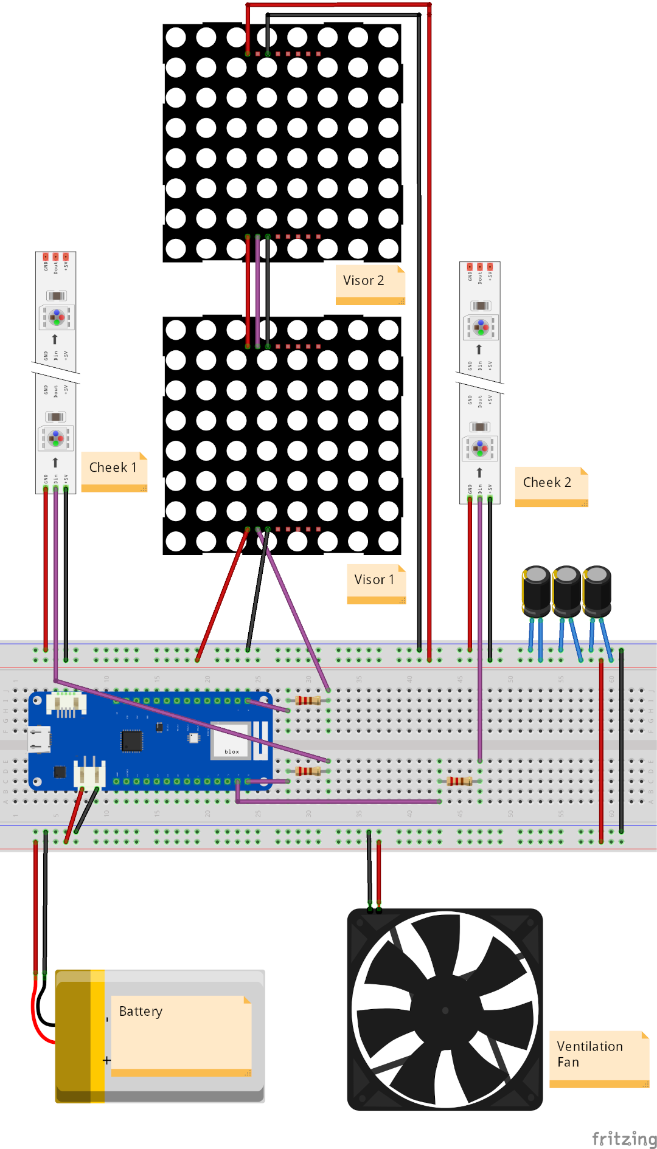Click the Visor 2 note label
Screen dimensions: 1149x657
pos(364,281)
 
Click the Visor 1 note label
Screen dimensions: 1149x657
pos(374,580)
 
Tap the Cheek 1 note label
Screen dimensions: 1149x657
pos(113,468)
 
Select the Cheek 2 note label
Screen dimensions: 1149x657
pos(547,483)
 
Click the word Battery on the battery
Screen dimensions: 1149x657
pos(141,1012)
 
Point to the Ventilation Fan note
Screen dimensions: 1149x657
pos(590,1054)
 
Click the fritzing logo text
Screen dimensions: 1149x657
pos(624,1138)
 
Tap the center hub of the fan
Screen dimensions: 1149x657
pos(445,1010)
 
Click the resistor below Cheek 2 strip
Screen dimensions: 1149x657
pos(459,781)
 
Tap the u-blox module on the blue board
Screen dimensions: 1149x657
pos(231,740)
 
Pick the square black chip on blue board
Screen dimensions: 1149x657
pos(131,740)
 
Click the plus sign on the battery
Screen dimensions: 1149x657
pos(107,1060)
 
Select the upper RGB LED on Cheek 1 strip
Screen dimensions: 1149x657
pos(56,317)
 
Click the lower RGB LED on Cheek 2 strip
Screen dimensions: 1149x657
pos(480,448)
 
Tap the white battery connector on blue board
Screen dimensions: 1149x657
pos(89,773)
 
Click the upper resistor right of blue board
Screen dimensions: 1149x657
pos(308,700)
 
